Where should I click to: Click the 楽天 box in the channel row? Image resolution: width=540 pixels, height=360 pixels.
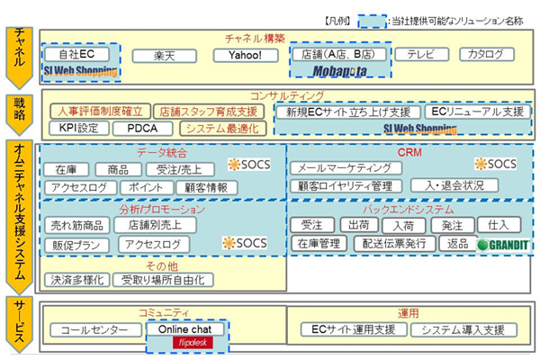(164, 56)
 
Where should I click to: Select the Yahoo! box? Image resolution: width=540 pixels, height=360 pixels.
(246, 56)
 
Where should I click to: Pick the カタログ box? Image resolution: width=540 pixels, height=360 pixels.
(486, 55)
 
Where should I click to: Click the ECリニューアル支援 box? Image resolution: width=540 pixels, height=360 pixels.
(475, 112)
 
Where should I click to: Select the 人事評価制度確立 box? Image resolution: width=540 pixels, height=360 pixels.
(95, 112)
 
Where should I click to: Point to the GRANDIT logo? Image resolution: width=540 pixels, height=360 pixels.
(496, 245)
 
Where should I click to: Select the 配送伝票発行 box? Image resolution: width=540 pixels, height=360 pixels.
(391, 244)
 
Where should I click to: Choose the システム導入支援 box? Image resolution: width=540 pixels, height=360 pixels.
(463, 330)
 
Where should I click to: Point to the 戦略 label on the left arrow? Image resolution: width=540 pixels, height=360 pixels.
(20, 112)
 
